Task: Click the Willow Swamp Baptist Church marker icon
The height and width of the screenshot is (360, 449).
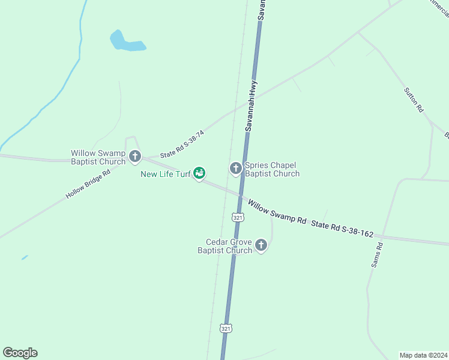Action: pos(135,157)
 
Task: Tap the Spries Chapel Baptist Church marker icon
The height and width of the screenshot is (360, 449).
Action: pos(236,169)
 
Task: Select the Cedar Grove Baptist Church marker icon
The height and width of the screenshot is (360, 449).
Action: pos(261,245)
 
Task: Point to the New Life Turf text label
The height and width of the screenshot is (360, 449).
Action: pos(166,175)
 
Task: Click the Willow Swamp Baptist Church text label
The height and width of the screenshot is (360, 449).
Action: pos(98,157)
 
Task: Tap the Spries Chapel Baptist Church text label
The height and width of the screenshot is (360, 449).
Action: pos(272,169)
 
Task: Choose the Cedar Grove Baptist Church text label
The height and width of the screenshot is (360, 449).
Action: pos(226,246)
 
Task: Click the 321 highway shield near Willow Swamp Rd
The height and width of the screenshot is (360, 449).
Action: pos(238,218)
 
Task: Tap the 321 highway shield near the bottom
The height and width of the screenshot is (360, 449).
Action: pos(226,328)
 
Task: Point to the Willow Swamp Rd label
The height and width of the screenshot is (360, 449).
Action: pos(277,212)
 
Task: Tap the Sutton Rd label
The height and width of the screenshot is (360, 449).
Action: pos(414,99)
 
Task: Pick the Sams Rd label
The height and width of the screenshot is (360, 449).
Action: pos(376,255)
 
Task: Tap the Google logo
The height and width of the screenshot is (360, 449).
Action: pos(20,353)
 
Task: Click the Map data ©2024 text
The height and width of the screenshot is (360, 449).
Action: pos(423,355)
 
